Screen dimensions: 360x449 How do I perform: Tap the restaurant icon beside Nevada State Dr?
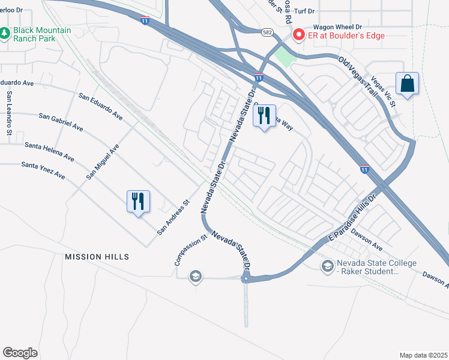pyautogui.click(x=264, y=116)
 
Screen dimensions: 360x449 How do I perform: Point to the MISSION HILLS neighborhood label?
pyautogui.click(x=97, y=257)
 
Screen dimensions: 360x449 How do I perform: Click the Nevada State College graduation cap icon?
pyautogui.click(x=327, y=266)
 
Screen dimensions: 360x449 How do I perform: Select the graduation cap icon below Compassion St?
pyautogui.click(x=195, y=277)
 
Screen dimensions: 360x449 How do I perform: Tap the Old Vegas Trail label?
pyautogui.click(x=358, y=77)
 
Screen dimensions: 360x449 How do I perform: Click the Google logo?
pyautogui.click(x=20, y=352)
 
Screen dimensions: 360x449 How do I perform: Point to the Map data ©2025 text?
pyautogui.click(x=423, y=355)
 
